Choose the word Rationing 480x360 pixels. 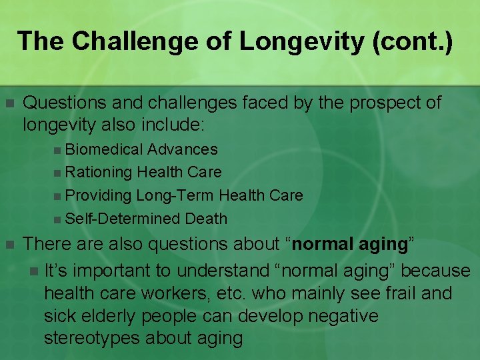point(99,172)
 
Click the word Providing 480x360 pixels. point(99,195)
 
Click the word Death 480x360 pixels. point(206,219)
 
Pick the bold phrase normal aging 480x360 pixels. point(350,245)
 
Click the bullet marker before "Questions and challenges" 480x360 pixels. point(9,103)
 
